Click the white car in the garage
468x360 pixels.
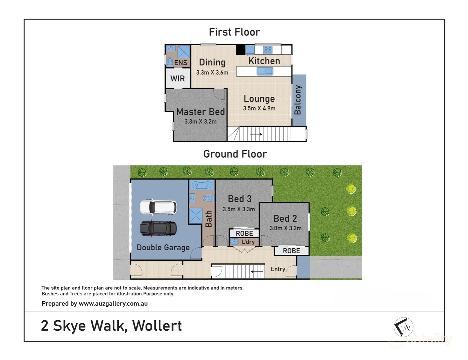(x=158, y=207)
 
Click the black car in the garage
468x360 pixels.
(x=158, y=229)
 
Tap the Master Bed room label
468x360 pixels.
(x=200, y=112)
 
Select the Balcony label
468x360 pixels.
(x=298, y=100)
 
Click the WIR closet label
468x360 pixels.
(x=177, y=79)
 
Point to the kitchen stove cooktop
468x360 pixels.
(x=268, y=50)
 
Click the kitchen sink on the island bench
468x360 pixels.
(x=265, y=71)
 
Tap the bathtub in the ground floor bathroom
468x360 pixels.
(x=201, y=185)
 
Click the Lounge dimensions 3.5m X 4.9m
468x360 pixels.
(x=259, y=108)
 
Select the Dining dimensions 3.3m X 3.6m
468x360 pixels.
(x=212, y=73)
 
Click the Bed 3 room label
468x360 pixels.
(x=240, y=199)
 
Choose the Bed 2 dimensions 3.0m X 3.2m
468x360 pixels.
(x=286, y=228)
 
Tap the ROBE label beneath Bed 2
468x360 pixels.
(x=291, y=251)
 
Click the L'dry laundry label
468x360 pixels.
(x=248, y=242)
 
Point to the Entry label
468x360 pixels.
(x=278, y=269)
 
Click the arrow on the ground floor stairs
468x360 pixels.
(x=257, y=272)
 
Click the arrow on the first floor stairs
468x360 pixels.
(x=256, y=134)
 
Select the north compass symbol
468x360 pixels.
(x=404, y=327)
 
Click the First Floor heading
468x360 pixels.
(x=234, y=32)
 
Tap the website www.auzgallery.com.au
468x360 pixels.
(x=113, y=304)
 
